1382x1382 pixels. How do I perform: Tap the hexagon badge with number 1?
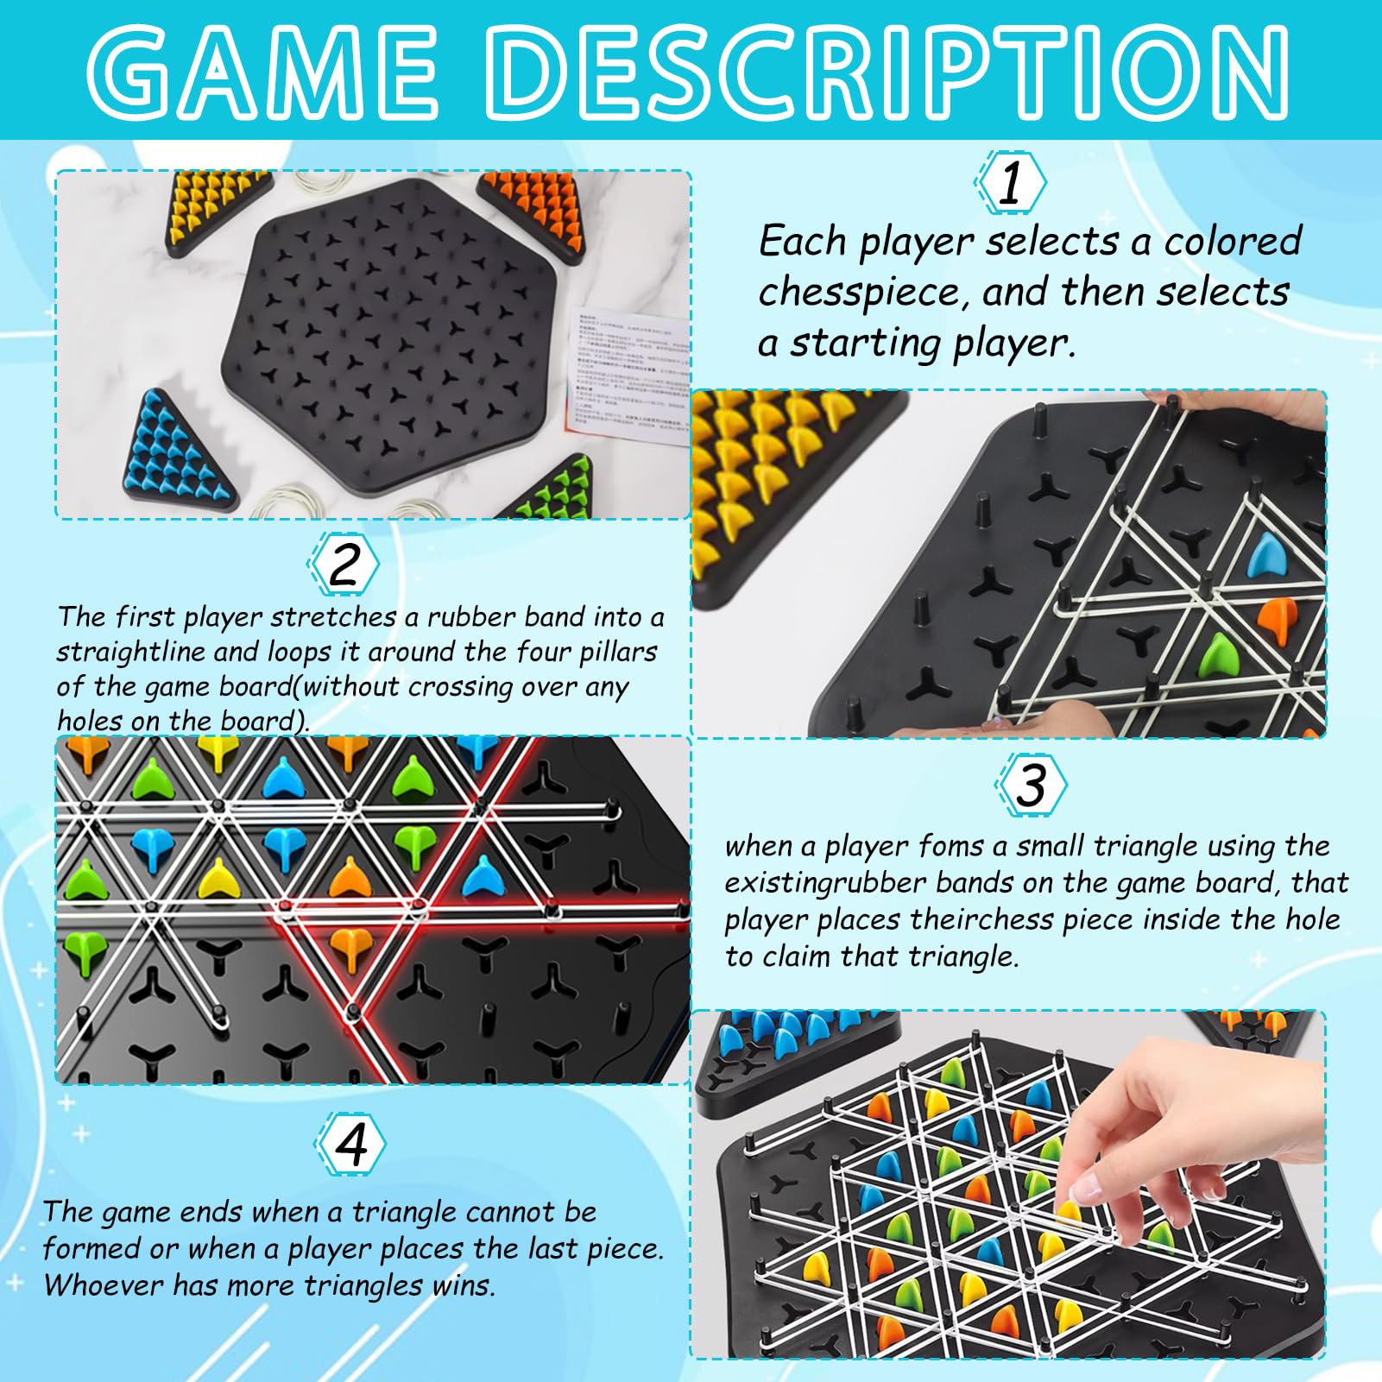[1010, 182]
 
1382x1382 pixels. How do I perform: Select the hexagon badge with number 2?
[344, 564]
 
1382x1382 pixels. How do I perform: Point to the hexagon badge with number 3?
[1031, 785]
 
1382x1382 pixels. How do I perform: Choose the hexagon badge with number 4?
[350, 1144]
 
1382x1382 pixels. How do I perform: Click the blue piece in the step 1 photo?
[1267, 556]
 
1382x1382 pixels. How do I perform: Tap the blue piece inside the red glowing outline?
[483, 876]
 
